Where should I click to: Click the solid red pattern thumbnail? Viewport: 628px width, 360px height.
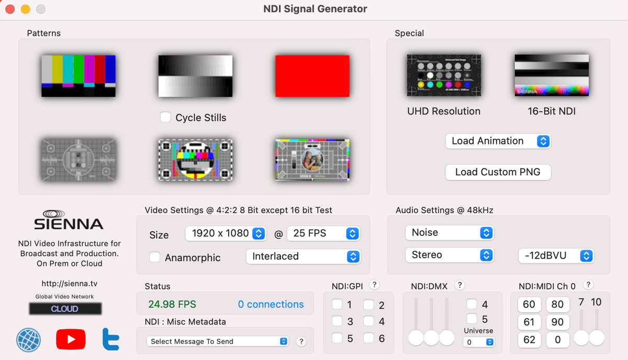click(312, 76)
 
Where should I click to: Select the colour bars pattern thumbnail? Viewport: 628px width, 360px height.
click(78, 76)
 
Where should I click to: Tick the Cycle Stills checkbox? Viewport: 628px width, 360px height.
click(165, 117)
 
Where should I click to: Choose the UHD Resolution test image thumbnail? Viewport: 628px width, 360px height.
click(444, 75)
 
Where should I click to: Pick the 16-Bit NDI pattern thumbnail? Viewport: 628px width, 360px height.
click(552, 75)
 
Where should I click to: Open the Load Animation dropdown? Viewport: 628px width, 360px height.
click(498, 141)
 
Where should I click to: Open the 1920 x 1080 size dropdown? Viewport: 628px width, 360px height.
click(226, 233)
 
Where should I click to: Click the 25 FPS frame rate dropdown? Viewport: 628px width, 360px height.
click(323, 233)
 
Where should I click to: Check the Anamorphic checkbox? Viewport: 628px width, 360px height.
click(154, 257)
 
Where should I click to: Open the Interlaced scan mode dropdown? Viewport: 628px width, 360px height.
click(304, 256)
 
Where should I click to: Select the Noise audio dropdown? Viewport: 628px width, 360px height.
click(450, 233)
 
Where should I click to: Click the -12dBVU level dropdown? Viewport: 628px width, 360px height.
click(556, 256)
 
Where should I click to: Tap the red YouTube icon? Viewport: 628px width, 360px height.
click(71, 339)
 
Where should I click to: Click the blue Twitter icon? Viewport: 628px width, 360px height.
click(111, 339)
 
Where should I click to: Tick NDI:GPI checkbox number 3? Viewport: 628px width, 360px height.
click(337, 321)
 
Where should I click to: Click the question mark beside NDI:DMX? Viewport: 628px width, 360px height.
click(459, 285)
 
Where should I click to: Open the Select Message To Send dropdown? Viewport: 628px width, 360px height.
click(218, 341)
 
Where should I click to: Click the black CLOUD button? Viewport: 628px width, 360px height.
click(65, 309)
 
